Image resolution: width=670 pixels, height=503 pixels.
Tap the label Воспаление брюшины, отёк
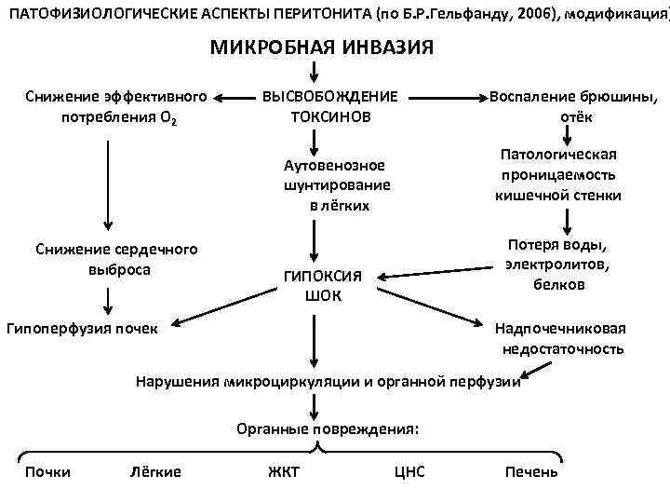(x=572, y=107)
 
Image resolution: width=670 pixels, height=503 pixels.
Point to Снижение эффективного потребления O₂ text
(x=116, y=107)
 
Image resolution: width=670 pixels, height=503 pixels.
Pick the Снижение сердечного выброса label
(x=115, y=260)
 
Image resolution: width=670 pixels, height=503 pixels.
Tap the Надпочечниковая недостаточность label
(x=560, y=338)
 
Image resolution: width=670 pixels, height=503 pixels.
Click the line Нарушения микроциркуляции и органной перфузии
(x=328, y=381)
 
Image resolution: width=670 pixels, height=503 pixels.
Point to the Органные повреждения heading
(x=328, y=429)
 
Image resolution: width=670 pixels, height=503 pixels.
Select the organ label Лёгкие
(x=155, y=471)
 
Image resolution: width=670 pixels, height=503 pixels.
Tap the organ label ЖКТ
(x=283, y=471)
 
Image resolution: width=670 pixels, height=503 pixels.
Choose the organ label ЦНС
(x=409, y=471)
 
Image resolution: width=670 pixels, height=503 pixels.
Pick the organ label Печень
(x=531, y=471)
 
